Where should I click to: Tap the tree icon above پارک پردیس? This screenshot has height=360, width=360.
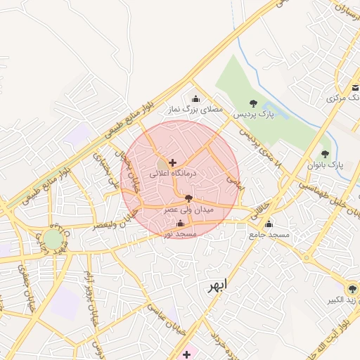tap(253, 103)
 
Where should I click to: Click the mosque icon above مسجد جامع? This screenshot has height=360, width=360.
tap(268, 225)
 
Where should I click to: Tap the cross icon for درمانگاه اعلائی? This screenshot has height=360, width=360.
tap(173, 162)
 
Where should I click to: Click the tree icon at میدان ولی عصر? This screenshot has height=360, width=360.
tap(187, 200)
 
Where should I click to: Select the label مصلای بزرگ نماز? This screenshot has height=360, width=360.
tap(195, 110)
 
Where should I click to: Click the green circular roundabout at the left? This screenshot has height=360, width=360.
tap(53, 239)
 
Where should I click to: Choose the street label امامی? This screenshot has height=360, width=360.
tap(232, 180)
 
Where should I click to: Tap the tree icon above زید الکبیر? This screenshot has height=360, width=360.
tap(352, 289)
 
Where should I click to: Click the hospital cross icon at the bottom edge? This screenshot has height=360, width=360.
tap(186, 354)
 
